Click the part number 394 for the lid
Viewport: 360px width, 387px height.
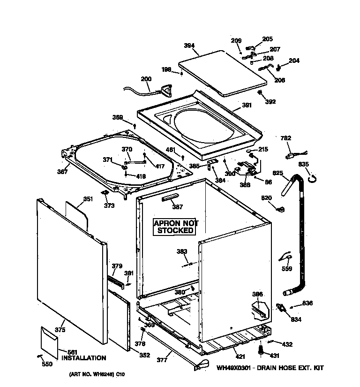coord(189,46)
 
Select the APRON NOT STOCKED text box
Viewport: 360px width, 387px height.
coord(176,227)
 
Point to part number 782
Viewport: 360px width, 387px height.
coord(285,138)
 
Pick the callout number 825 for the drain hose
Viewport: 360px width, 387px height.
coord(278,173)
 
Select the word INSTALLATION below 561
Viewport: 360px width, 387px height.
coord(83,358)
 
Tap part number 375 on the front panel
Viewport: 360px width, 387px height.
coord(60,330)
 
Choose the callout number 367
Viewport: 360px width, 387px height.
coord(62,172)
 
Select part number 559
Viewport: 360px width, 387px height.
coord(286,269)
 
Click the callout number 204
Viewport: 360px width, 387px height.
coord(293,61)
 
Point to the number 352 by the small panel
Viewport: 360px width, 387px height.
coord(144,355)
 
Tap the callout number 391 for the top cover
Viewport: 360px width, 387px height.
coord(247,106)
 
